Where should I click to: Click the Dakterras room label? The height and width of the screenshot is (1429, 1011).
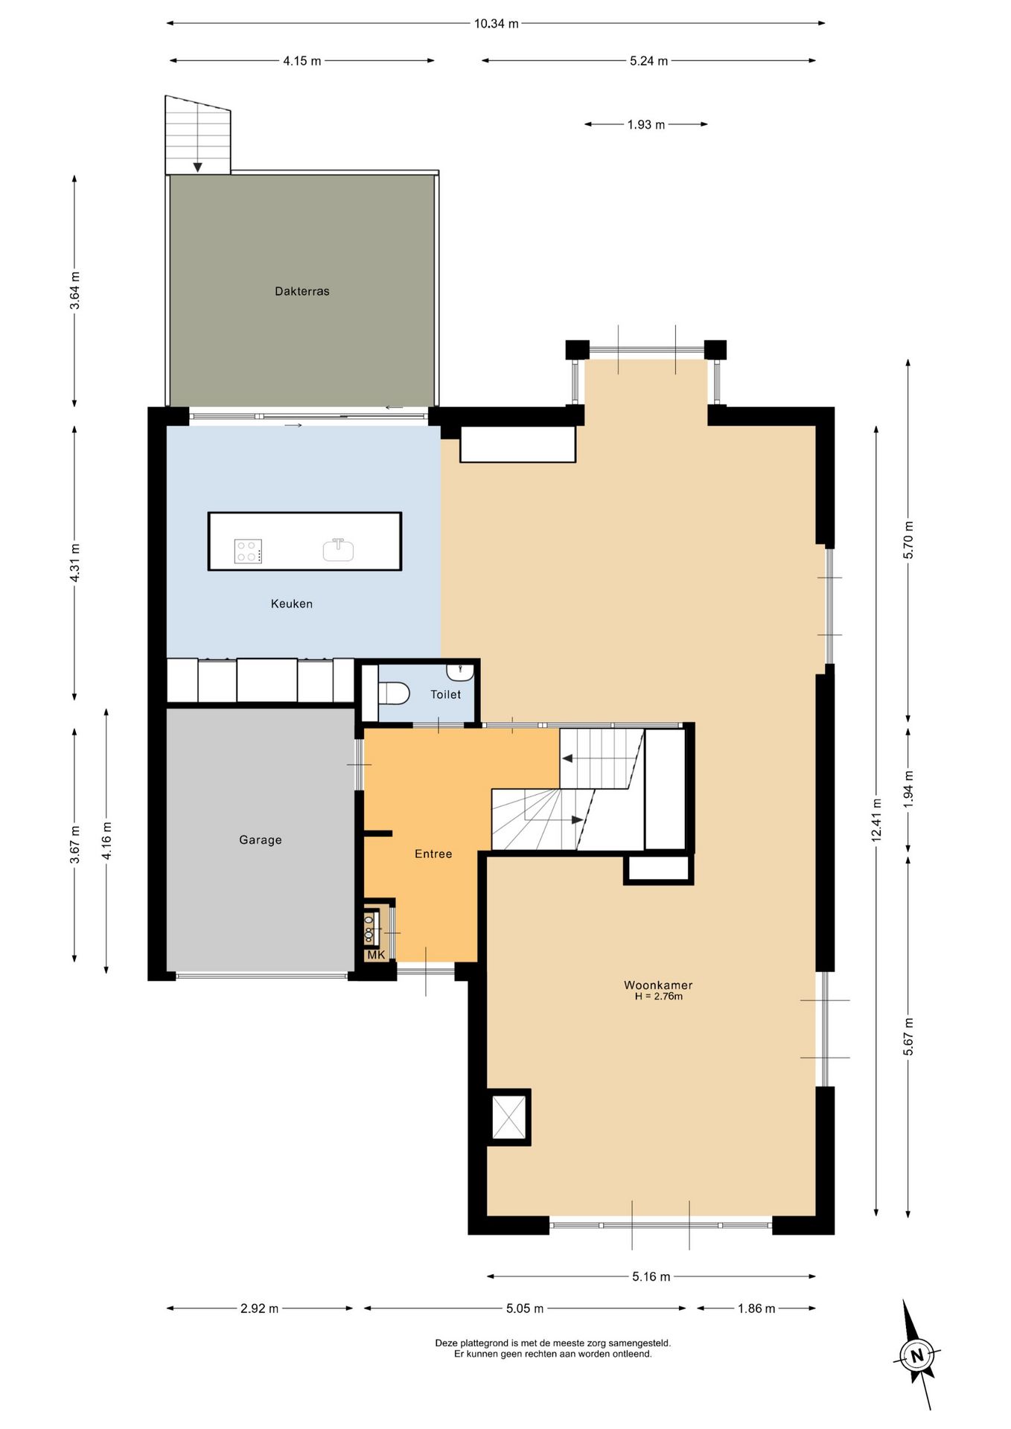point(302,291)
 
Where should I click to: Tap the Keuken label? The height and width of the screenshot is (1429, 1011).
point(292,604)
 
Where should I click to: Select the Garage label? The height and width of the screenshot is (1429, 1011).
point(261,840)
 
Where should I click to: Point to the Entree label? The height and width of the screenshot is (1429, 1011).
point(433,854)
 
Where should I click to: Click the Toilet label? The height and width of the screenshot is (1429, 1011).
point(446,694)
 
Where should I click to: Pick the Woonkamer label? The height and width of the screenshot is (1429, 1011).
point(658,985)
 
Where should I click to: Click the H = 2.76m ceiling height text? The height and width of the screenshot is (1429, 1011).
point(659,996)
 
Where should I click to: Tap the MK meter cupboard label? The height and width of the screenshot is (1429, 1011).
point(376,955)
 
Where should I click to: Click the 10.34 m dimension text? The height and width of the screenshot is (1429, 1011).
point(497,23)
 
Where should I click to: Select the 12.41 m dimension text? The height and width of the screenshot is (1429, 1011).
point(876,820)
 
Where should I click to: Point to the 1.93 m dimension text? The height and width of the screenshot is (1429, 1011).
point(646,124)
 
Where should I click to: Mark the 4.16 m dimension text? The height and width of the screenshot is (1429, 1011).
point(106,841)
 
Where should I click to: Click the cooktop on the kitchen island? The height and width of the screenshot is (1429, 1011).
point(248,552)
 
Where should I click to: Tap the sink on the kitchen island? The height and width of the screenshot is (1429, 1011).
point(338,550)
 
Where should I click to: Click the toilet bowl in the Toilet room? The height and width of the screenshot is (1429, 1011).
point(394,694)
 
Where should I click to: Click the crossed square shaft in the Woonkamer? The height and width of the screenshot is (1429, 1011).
point(509,1117)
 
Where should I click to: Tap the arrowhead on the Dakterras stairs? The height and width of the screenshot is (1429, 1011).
point(197,167)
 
